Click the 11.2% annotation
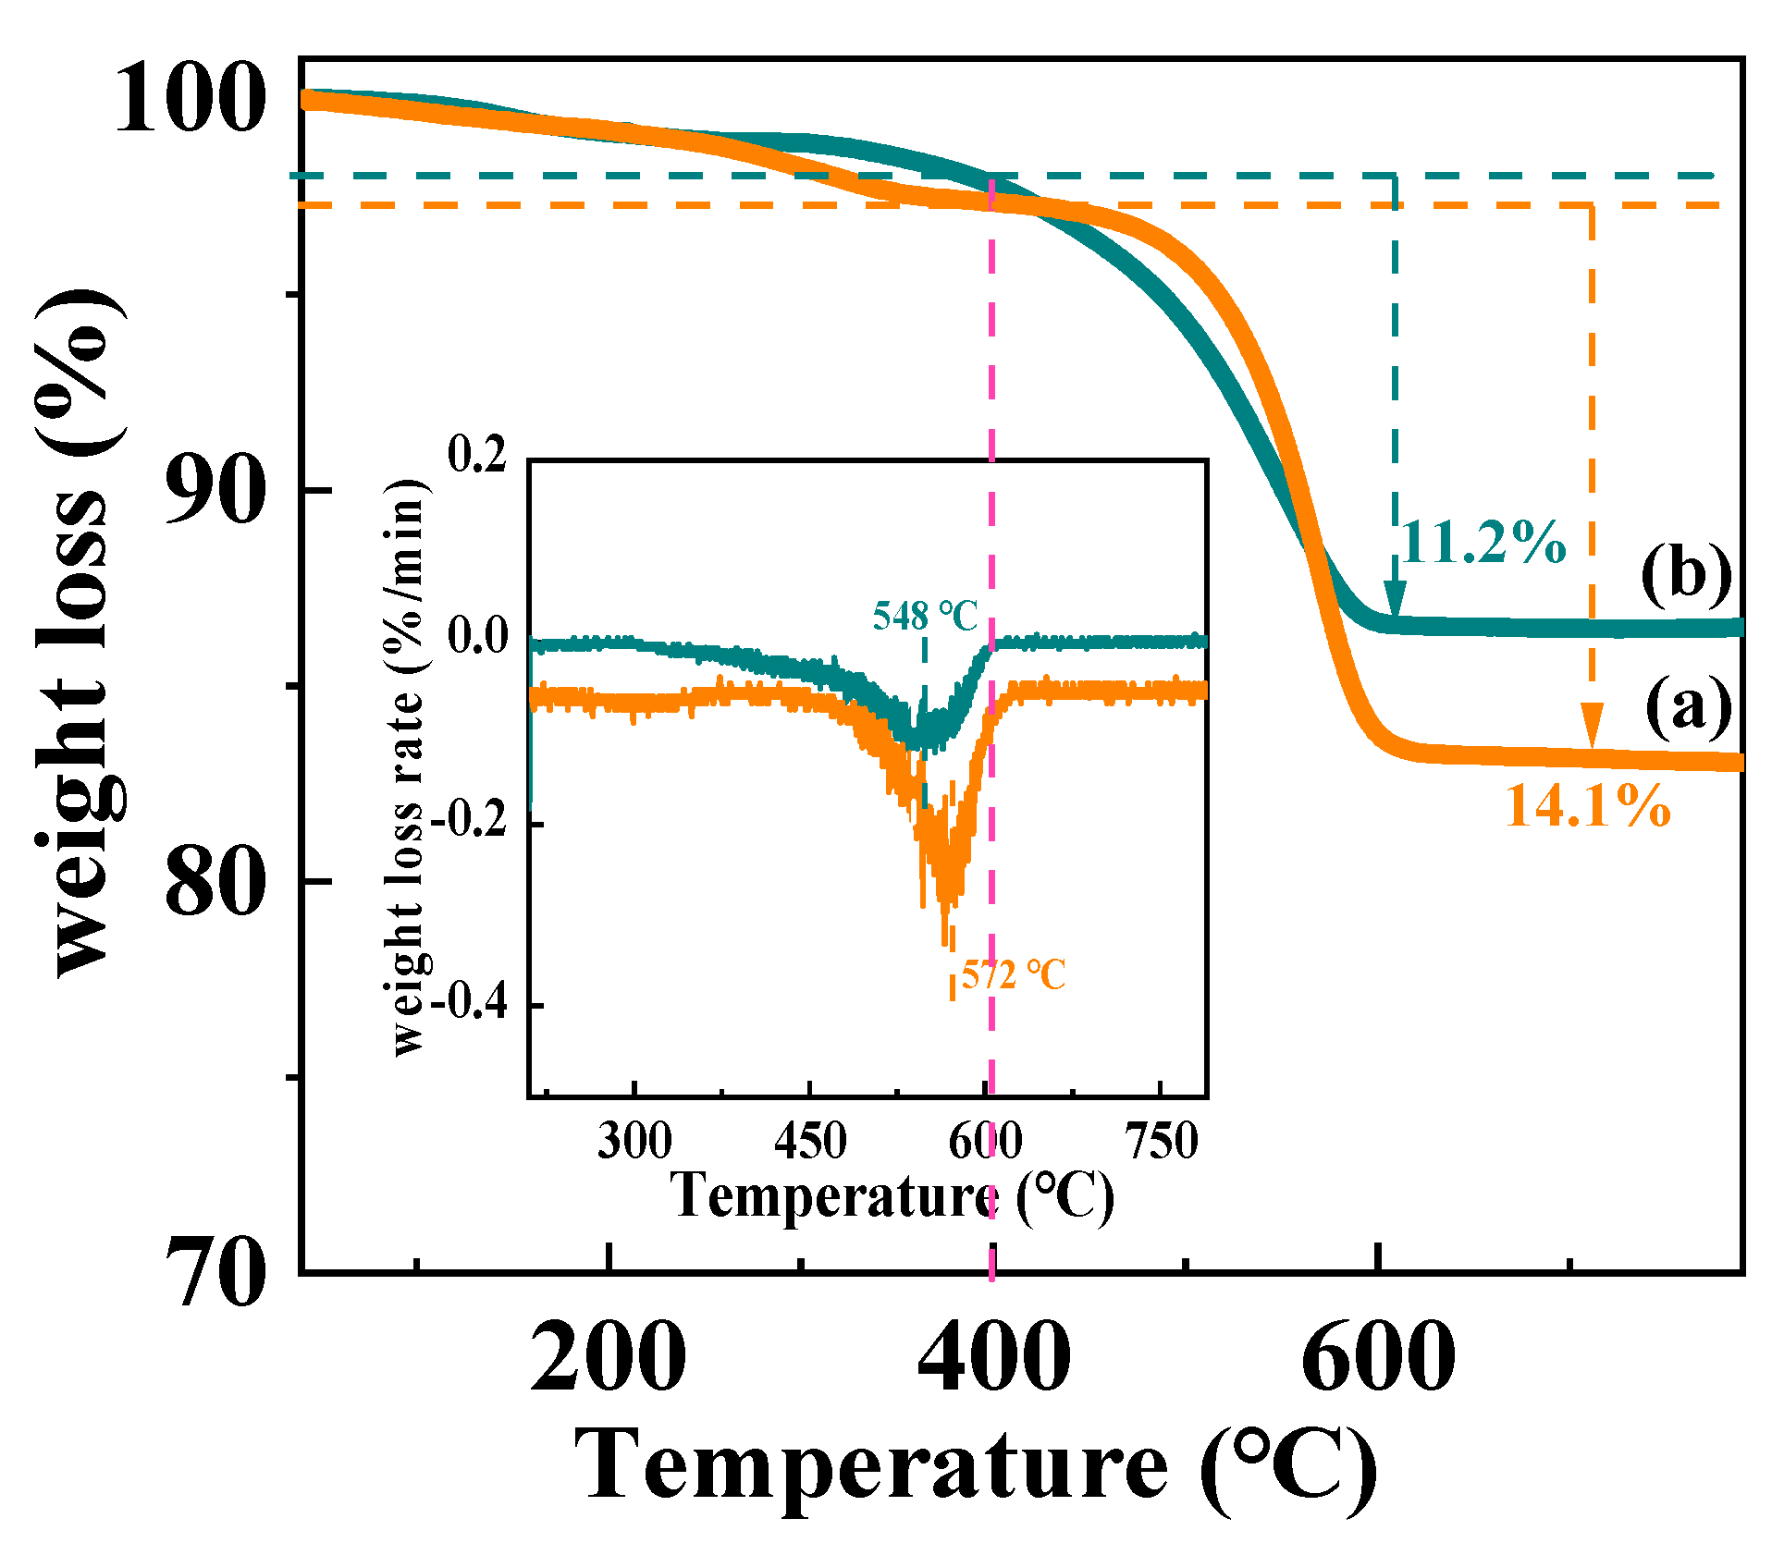point(1483,544)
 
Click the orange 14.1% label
point(1588,806)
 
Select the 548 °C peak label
point(925,616)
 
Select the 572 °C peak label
point(1014,974)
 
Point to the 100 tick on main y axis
point(190,100)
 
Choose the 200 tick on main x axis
point(609,1357)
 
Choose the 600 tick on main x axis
point(1378,1357)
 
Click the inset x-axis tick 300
point(634,1141)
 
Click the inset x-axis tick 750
point(1162,1141)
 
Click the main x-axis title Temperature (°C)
point(976,1465)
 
